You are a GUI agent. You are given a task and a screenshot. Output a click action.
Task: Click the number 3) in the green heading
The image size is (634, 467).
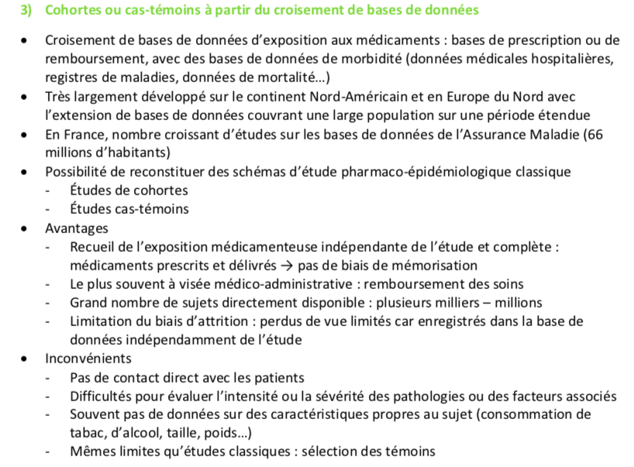[x=27, y=10]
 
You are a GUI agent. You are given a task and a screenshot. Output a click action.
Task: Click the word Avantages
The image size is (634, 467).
[x=77, y=228]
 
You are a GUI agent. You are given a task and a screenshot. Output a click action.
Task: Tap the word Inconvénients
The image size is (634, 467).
[x=88, y=359]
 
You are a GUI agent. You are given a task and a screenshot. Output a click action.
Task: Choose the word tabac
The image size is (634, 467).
[x=87, y=433]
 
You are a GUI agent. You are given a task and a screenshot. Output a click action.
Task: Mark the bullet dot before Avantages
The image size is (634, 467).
[x=28, y=229]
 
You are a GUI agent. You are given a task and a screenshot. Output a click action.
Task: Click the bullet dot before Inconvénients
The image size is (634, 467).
[x=28, y=359]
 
